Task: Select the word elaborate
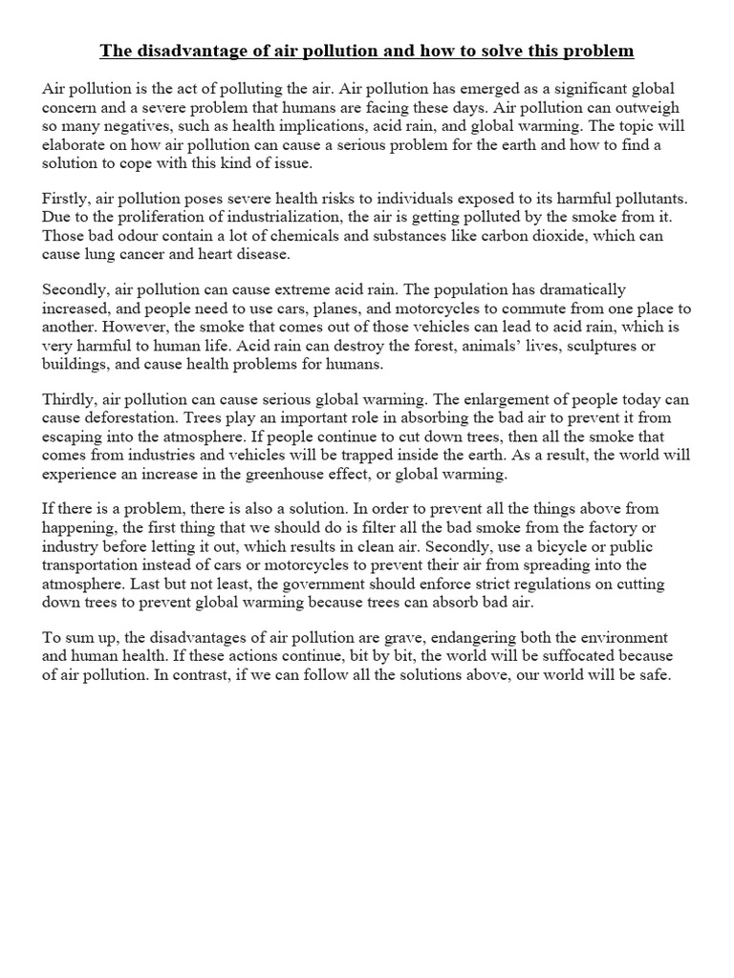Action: point(79,144)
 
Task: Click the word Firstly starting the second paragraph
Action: point(65,198)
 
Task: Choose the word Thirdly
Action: point(67,399)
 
